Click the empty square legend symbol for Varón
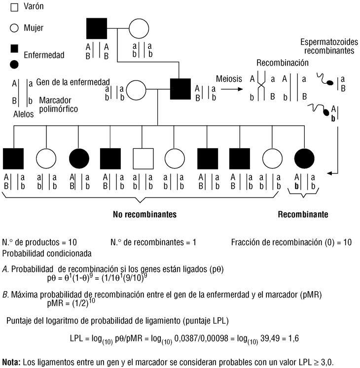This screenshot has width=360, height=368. pyautogui.click(x=14, y=7)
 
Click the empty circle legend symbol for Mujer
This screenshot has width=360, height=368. pyautogui.click(x=14, y=28)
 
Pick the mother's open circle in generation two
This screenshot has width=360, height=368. pyautogui.click(x=137, y=90)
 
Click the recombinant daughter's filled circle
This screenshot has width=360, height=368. pyautogui.click(x=304, y=159)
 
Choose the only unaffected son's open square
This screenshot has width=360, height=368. pyautogui.click(x=143, y=159)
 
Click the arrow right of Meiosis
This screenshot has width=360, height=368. pyautogui.click(x=231, y=90)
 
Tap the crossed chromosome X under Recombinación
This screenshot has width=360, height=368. pyautogui.click(x=262, y=86)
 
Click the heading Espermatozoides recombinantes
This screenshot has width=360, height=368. pyautogui.click(x=328, y=46)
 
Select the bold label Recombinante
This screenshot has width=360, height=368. pyautogui.click(x=303, y=214)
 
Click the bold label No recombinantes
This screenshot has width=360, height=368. pyautogui.click(x=145, y=214)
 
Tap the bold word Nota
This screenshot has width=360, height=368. pyautogui.click(x=11, y=362)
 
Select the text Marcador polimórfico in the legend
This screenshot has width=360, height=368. pyautogui.click(x=59, y=104)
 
